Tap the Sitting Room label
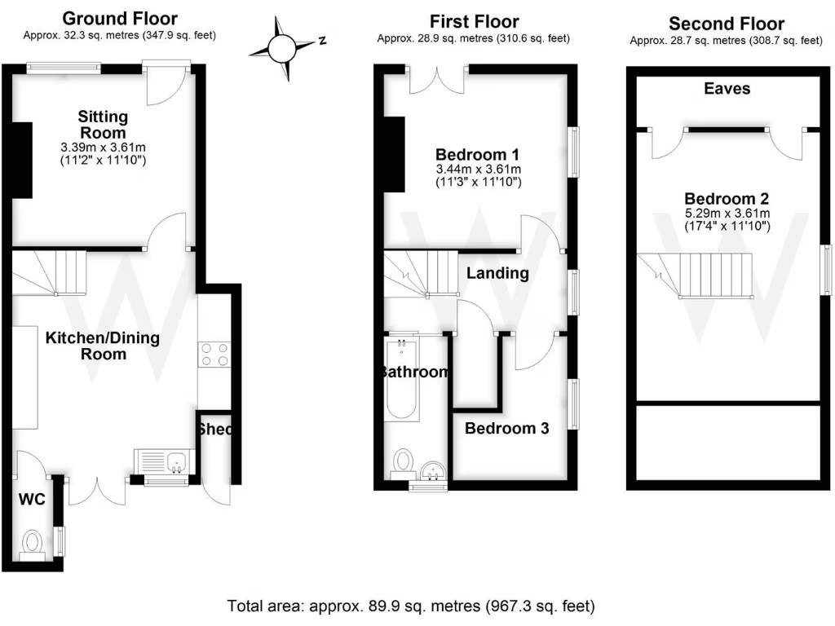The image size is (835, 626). point(103,125)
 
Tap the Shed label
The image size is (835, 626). point(215,430)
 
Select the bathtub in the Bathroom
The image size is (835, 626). point(401,380)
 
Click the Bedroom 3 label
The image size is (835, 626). point(506,428)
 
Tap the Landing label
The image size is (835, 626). point(497,273)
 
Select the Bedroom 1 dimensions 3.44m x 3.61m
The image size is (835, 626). point(478,170)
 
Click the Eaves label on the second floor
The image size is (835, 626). point(727,88)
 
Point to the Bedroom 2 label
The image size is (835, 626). point(727,198)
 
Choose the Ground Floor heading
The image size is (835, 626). point(119,18)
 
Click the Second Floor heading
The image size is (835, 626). point(726,24)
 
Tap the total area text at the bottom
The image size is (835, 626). point(411,606)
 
